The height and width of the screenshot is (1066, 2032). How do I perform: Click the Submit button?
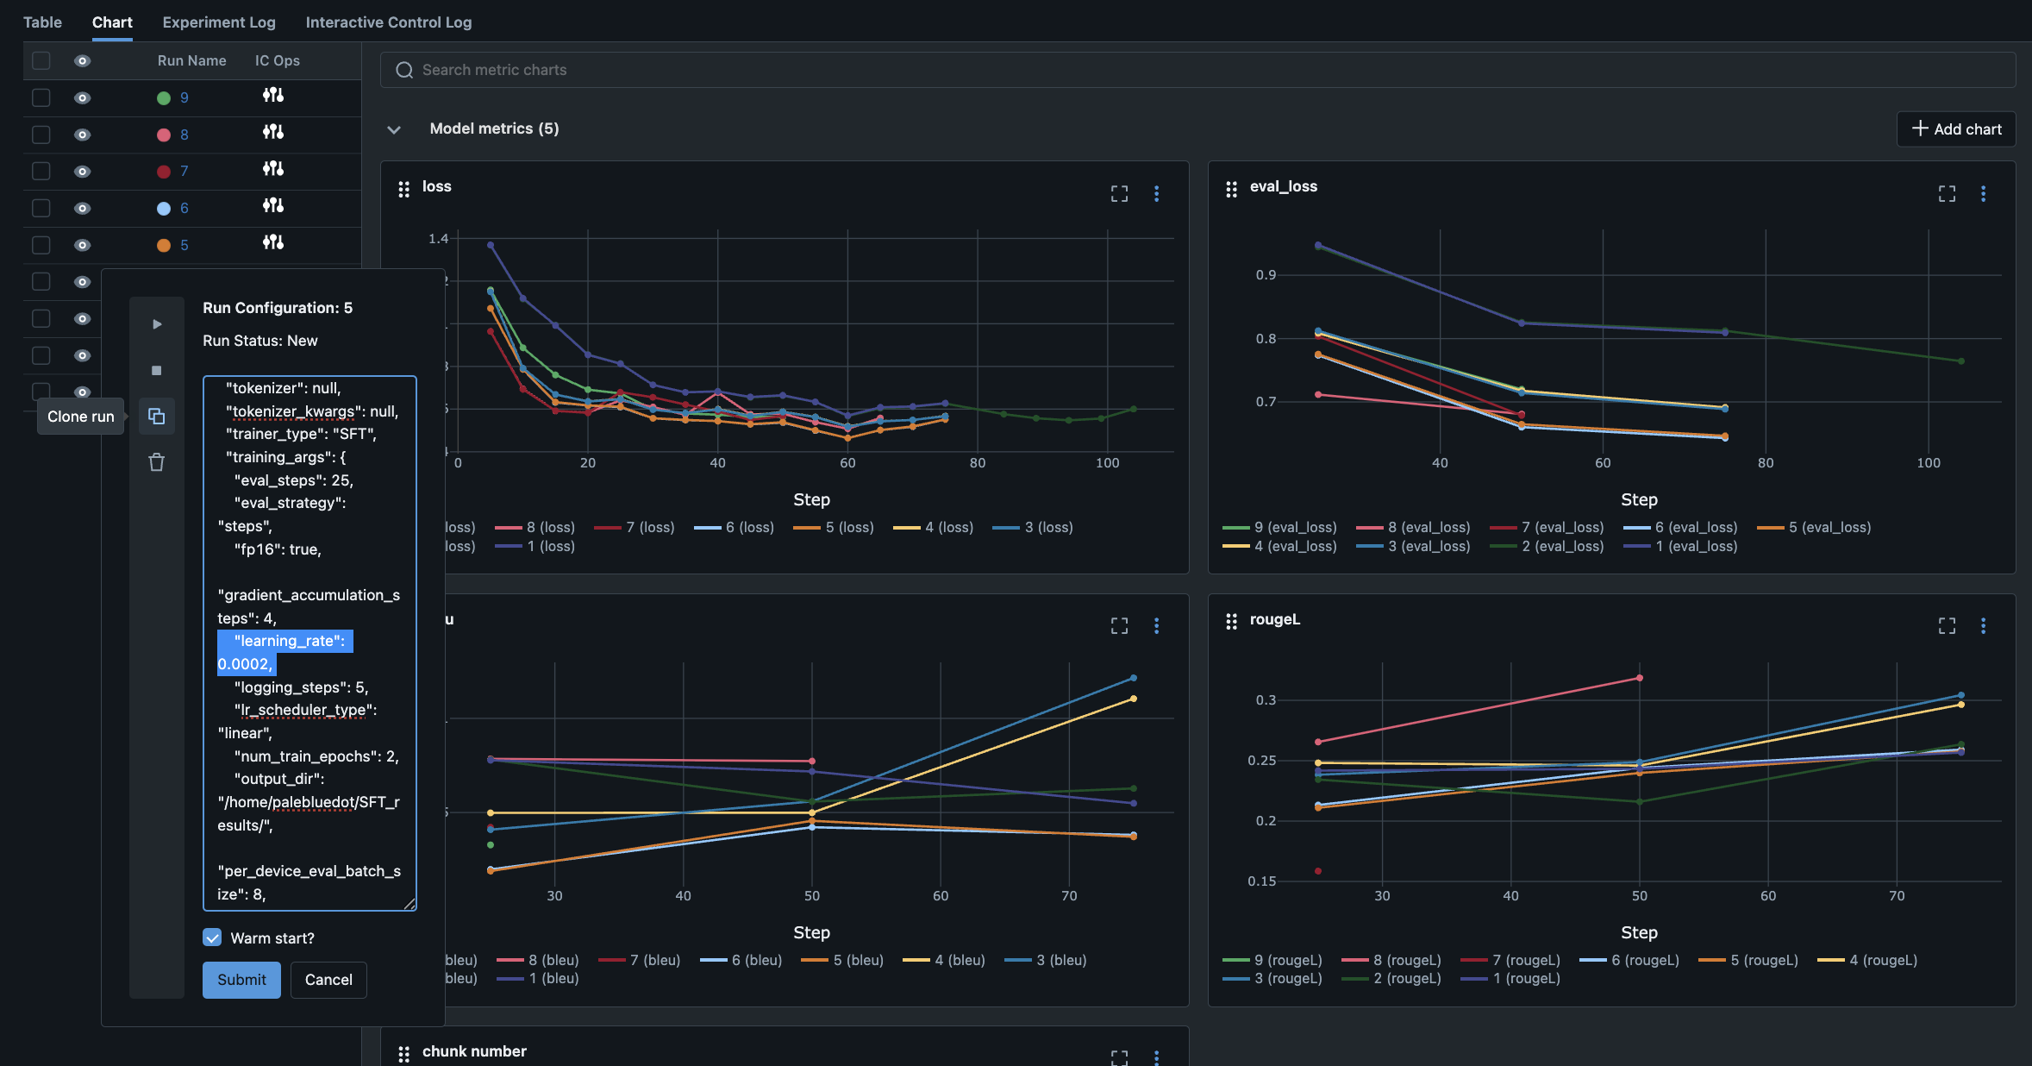(x=241, y=980)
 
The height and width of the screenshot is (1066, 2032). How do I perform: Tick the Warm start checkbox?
(x=212, y=937)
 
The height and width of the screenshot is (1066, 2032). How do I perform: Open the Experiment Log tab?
(x=219, y=22)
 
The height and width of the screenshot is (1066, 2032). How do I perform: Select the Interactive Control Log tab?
(x=389, y=22)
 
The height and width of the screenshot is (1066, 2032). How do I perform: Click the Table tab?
(x=42, y=22)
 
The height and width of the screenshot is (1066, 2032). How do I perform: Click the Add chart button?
(x=1956, y=129)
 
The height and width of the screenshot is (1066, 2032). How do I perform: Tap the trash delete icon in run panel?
(x=156, y=462)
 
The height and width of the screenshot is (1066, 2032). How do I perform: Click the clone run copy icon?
(x=156, y=417)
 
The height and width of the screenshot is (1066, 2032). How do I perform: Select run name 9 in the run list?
(x=184, y=97)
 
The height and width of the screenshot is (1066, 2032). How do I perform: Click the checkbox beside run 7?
(x=41, y=171)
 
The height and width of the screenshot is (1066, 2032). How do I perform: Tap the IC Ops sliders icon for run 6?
(x=273, y=206)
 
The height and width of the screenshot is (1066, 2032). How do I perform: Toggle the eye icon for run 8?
(x=83, y=135)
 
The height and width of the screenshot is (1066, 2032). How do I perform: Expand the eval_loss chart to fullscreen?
(x=1947, y=194)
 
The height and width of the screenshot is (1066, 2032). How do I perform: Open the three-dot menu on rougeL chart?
(x=1983, y=626)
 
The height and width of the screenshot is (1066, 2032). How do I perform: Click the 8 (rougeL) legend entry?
(x=1391, y=960)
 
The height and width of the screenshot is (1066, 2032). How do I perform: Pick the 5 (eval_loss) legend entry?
(x=1814, y=527)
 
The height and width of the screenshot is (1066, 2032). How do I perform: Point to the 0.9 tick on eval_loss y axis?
(x=1265, y=275)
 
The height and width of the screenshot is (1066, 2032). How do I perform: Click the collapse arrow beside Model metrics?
(x=394, y=129)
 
